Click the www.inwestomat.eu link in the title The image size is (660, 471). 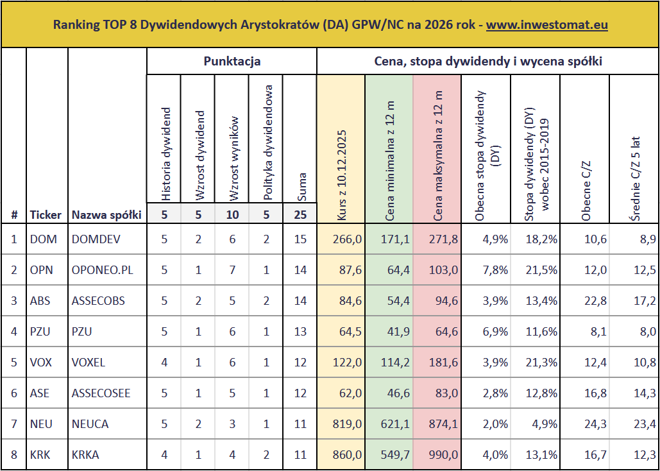click(x=546, y=25)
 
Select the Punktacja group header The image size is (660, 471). click(x=232, y=62)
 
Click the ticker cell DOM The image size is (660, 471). click(x=44, y=239)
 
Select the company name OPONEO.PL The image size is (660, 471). click(x=103, y=270)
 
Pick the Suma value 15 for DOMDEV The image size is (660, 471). click(x=300, y=239)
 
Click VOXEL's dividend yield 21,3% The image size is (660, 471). click(x=541, y=363)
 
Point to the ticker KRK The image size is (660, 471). click(x=40, y=455)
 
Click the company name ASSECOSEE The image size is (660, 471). click(x=103, y=393)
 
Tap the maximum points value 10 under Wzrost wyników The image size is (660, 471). click(x=232, y=215)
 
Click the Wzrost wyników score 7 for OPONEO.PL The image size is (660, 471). click(x=232, y=270)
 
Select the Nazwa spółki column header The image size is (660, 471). click(x=106, y=215)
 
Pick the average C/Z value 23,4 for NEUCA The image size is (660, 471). click(x=644, y=424)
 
